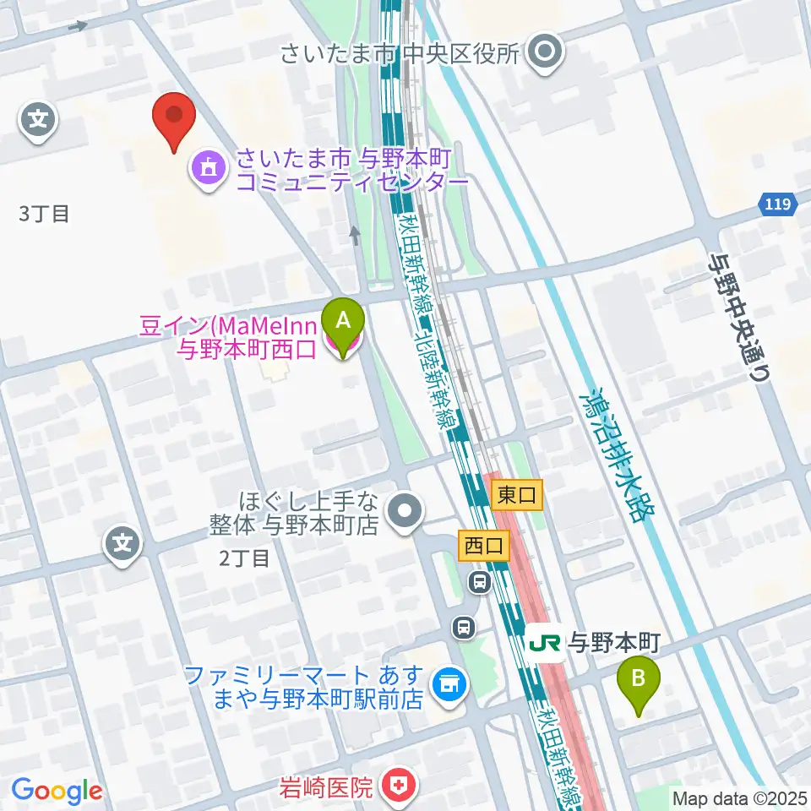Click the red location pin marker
173,117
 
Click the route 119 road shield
776,204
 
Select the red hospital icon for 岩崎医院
397,787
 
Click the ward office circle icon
545,53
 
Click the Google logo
57,791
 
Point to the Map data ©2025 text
740,797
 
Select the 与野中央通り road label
740,318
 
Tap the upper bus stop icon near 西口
480,581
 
